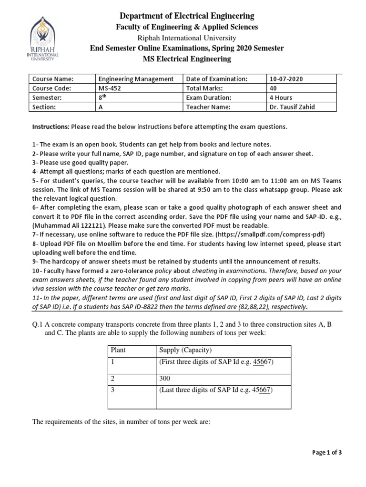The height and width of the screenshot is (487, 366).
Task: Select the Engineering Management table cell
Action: [136, 79]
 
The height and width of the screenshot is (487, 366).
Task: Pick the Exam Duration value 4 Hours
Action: [282, 98]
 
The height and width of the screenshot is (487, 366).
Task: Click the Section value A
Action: [100, 107]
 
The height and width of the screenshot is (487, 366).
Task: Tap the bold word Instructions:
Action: [51, 127]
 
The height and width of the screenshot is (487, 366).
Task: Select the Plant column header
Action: [118, 350]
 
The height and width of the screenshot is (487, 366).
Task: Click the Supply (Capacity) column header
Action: [184, 350]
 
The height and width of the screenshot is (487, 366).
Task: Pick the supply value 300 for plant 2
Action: [164, 379]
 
